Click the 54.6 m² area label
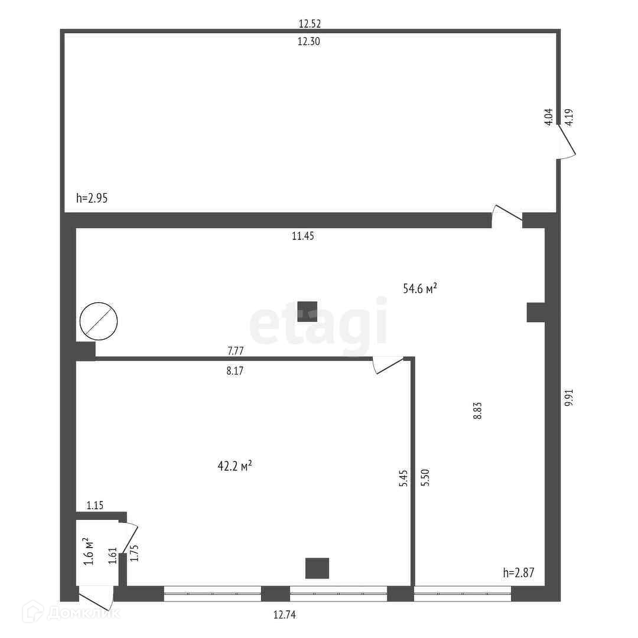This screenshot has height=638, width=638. (x=419, y=289)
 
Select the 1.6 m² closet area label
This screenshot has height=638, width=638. (x=88, y=551)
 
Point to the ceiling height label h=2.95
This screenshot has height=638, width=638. (x=92, y=198)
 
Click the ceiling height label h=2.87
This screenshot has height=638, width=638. (x=518, y=572)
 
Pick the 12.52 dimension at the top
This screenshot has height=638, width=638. (x=310, y=24)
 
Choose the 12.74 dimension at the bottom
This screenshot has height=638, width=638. (x=284, y=614)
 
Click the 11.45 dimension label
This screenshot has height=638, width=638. (x=303, y=236)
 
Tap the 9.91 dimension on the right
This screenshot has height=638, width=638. (x=568, y=396)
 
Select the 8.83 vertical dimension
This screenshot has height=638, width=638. (x=477, y=411)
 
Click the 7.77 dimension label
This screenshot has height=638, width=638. (x=236, y=351)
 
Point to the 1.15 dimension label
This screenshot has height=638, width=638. (x=95, y=505)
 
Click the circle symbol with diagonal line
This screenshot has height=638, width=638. (x=99, y=321)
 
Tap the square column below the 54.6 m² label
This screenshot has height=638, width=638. (x=307, y=311)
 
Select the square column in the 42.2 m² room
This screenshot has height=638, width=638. (x=317, y=568)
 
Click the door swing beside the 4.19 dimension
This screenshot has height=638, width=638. (x=567, y=145)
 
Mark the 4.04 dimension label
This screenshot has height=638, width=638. (x=548, y=116)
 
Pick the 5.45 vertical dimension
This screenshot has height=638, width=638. (x=403, y=477)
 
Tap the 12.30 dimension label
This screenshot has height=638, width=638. (x=310, y=41)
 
